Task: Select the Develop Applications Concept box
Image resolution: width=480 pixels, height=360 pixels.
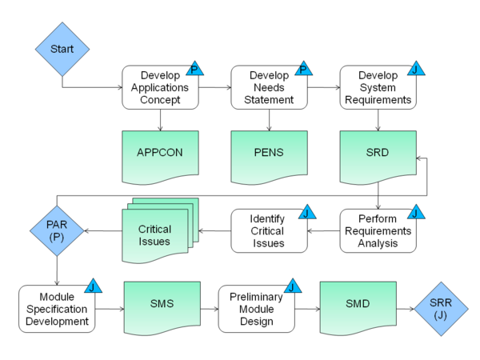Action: [160, 87]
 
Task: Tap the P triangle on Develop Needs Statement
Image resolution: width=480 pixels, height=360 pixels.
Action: [303, 70]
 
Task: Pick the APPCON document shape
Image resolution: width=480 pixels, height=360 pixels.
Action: [160, 152]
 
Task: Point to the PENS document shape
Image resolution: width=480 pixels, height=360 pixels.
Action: [270, 152]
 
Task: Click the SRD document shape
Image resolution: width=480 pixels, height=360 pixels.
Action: [378, 152]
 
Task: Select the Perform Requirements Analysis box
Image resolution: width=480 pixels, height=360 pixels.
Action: [378, 231]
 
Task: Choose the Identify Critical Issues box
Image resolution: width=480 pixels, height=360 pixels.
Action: [268, 231]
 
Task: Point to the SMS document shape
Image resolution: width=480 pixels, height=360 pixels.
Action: [162, 308]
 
